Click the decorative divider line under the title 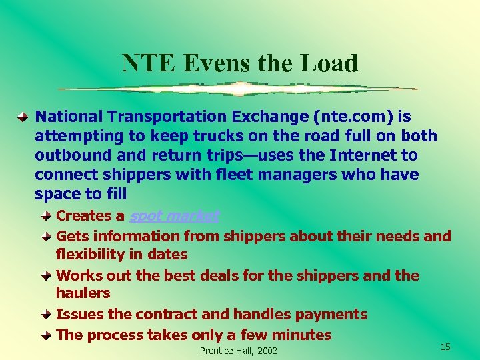point(238,89)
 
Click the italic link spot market point(174,216)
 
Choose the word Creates point(83,216)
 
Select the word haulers point(83,293)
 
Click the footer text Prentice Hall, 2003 point(239,351)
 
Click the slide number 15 point(445,347)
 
